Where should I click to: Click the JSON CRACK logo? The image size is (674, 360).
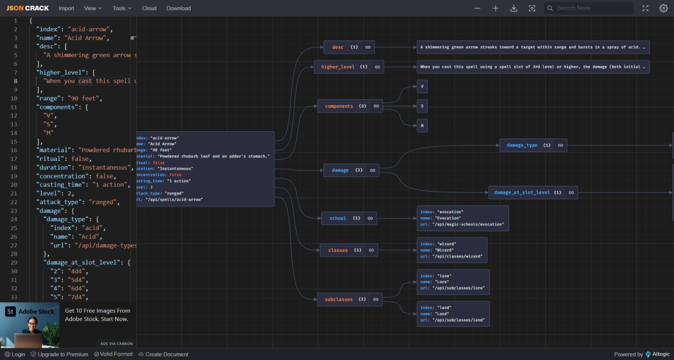point(28,8)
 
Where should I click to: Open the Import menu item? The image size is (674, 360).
point(66,8)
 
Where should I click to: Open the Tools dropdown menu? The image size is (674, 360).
point(122,8)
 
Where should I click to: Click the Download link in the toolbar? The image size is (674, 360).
point(178,8)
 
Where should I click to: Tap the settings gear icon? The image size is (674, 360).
point(663,8)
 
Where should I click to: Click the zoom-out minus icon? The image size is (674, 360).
point(477,8)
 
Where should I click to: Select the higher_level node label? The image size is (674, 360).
point(338,67)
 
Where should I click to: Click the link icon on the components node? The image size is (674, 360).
point(376,106)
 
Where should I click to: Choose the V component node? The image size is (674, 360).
point(422,86)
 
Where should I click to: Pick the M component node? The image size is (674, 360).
point(422,126)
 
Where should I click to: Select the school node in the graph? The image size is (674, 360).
point(338,218)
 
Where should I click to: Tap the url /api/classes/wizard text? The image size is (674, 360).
point(457,257)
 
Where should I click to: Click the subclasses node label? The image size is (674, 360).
point(339,299)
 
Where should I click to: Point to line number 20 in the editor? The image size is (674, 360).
point(14,185)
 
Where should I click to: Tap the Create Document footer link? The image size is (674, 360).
point(167,354)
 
